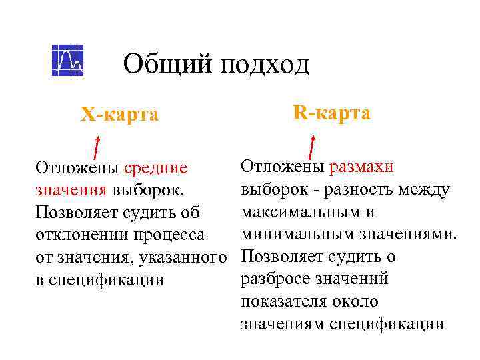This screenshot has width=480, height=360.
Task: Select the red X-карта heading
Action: coord(120,115)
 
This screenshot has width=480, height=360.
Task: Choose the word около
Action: coord(361,302)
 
